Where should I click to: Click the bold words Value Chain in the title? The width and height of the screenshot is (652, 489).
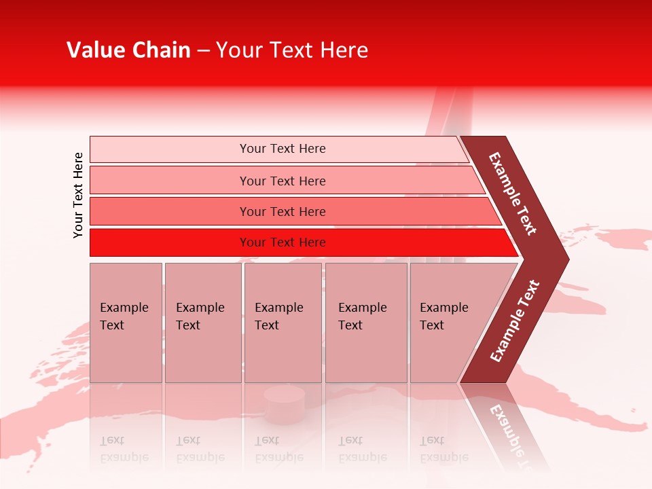click(128, 50)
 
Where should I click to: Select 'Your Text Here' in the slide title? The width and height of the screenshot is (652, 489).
click(292, 50)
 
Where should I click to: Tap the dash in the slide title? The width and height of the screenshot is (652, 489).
click(203, 51)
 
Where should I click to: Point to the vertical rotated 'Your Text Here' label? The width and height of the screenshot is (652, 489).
click(78, 195)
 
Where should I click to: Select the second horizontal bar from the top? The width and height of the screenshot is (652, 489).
click(282, 181)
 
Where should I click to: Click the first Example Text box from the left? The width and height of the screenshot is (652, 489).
click(126, 322)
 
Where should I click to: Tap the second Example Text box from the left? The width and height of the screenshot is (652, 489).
click(202, 322)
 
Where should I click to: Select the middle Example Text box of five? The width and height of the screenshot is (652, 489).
click(283, 322)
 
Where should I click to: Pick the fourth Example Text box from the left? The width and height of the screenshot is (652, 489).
click(365, 322)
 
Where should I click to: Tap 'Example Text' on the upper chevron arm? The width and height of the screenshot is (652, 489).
click(513, 194)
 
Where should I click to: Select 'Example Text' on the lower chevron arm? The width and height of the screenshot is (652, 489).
click(515, 321)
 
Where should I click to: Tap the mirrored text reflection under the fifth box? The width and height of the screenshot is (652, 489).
click(444, 449)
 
